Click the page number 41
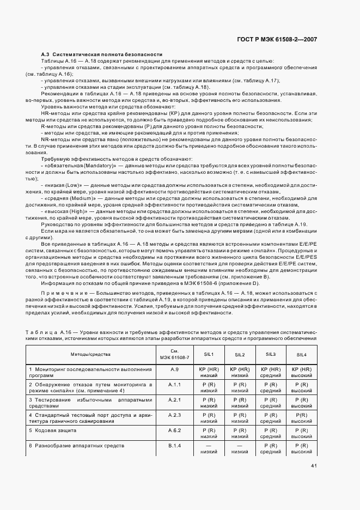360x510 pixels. click(x=314, y=465)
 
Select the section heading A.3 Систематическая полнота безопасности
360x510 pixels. click(x=102, y=54)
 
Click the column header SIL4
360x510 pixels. click(x=301, y=354)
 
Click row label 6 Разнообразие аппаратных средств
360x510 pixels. click(x=77, y=446)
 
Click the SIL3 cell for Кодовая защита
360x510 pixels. click(x=271, y=433)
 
